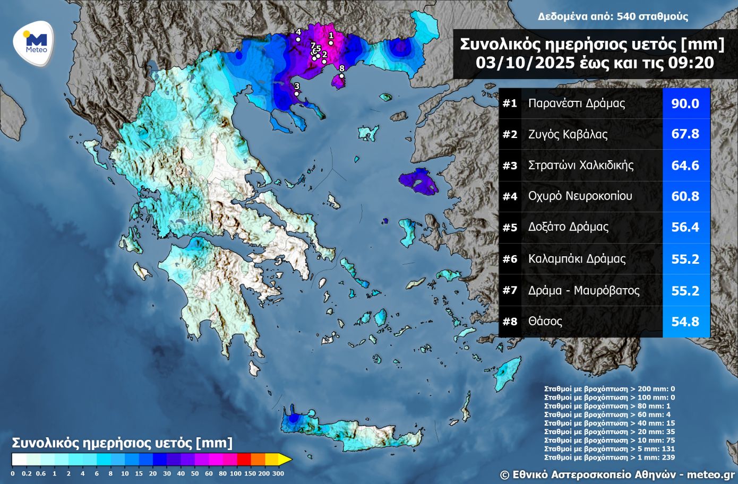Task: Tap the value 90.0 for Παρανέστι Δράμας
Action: pos(685,103)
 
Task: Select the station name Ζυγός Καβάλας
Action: pos(568,134)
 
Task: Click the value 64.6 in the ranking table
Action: pos(685,166)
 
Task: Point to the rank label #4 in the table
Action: pos(510,196)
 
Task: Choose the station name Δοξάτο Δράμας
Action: pos(568,227)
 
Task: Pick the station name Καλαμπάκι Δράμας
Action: pos(577,259)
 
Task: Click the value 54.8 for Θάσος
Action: pos(685,322)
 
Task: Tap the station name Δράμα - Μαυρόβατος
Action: pos(583,290)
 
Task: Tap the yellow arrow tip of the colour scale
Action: pos(287,459)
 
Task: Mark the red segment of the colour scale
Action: pos(243,459)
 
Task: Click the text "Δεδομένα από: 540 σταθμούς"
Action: pos(612,16)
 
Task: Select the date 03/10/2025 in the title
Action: pos(525,63)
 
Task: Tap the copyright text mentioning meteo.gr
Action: pos(617,474)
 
